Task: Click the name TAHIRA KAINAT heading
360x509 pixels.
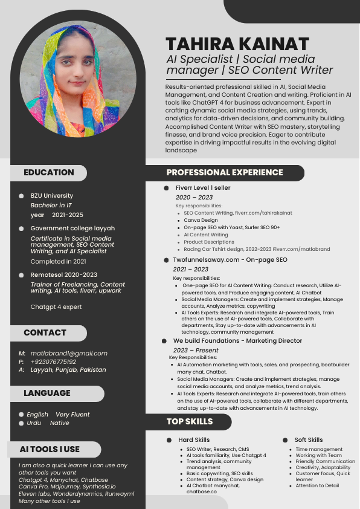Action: [237, 44]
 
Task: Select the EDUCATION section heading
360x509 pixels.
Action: [49, 172]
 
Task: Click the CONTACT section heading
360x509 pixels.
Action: [45, 332]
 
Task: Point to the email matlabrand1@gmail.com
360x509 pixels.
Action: [69, 353]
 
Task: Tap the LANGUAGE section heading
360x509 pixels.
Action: [47, 393]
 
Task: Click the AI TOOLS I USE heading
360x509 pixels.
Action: [50, 449]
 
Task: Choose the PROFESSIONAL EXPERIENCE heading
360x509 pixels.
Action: [225, 172]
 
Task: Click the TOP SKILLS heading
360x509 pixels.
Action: [190, 421]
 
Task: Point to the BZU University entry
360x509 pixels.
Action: [52, 196]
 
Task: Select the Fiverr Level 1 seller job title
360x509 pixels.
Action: [203, 188]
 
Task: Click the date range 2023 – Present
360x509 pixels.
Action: [196, 350]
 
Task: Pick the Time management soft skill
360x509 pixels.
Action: [319, 449]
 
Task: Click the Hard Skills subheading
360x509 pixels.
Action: [194, 439]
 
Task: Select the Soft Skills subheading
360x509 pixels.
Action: [309, 439]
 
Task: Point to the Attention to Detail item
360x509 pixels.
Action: [317, 485]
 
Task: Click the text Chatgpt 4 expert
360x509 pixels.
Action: [56, 306]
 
